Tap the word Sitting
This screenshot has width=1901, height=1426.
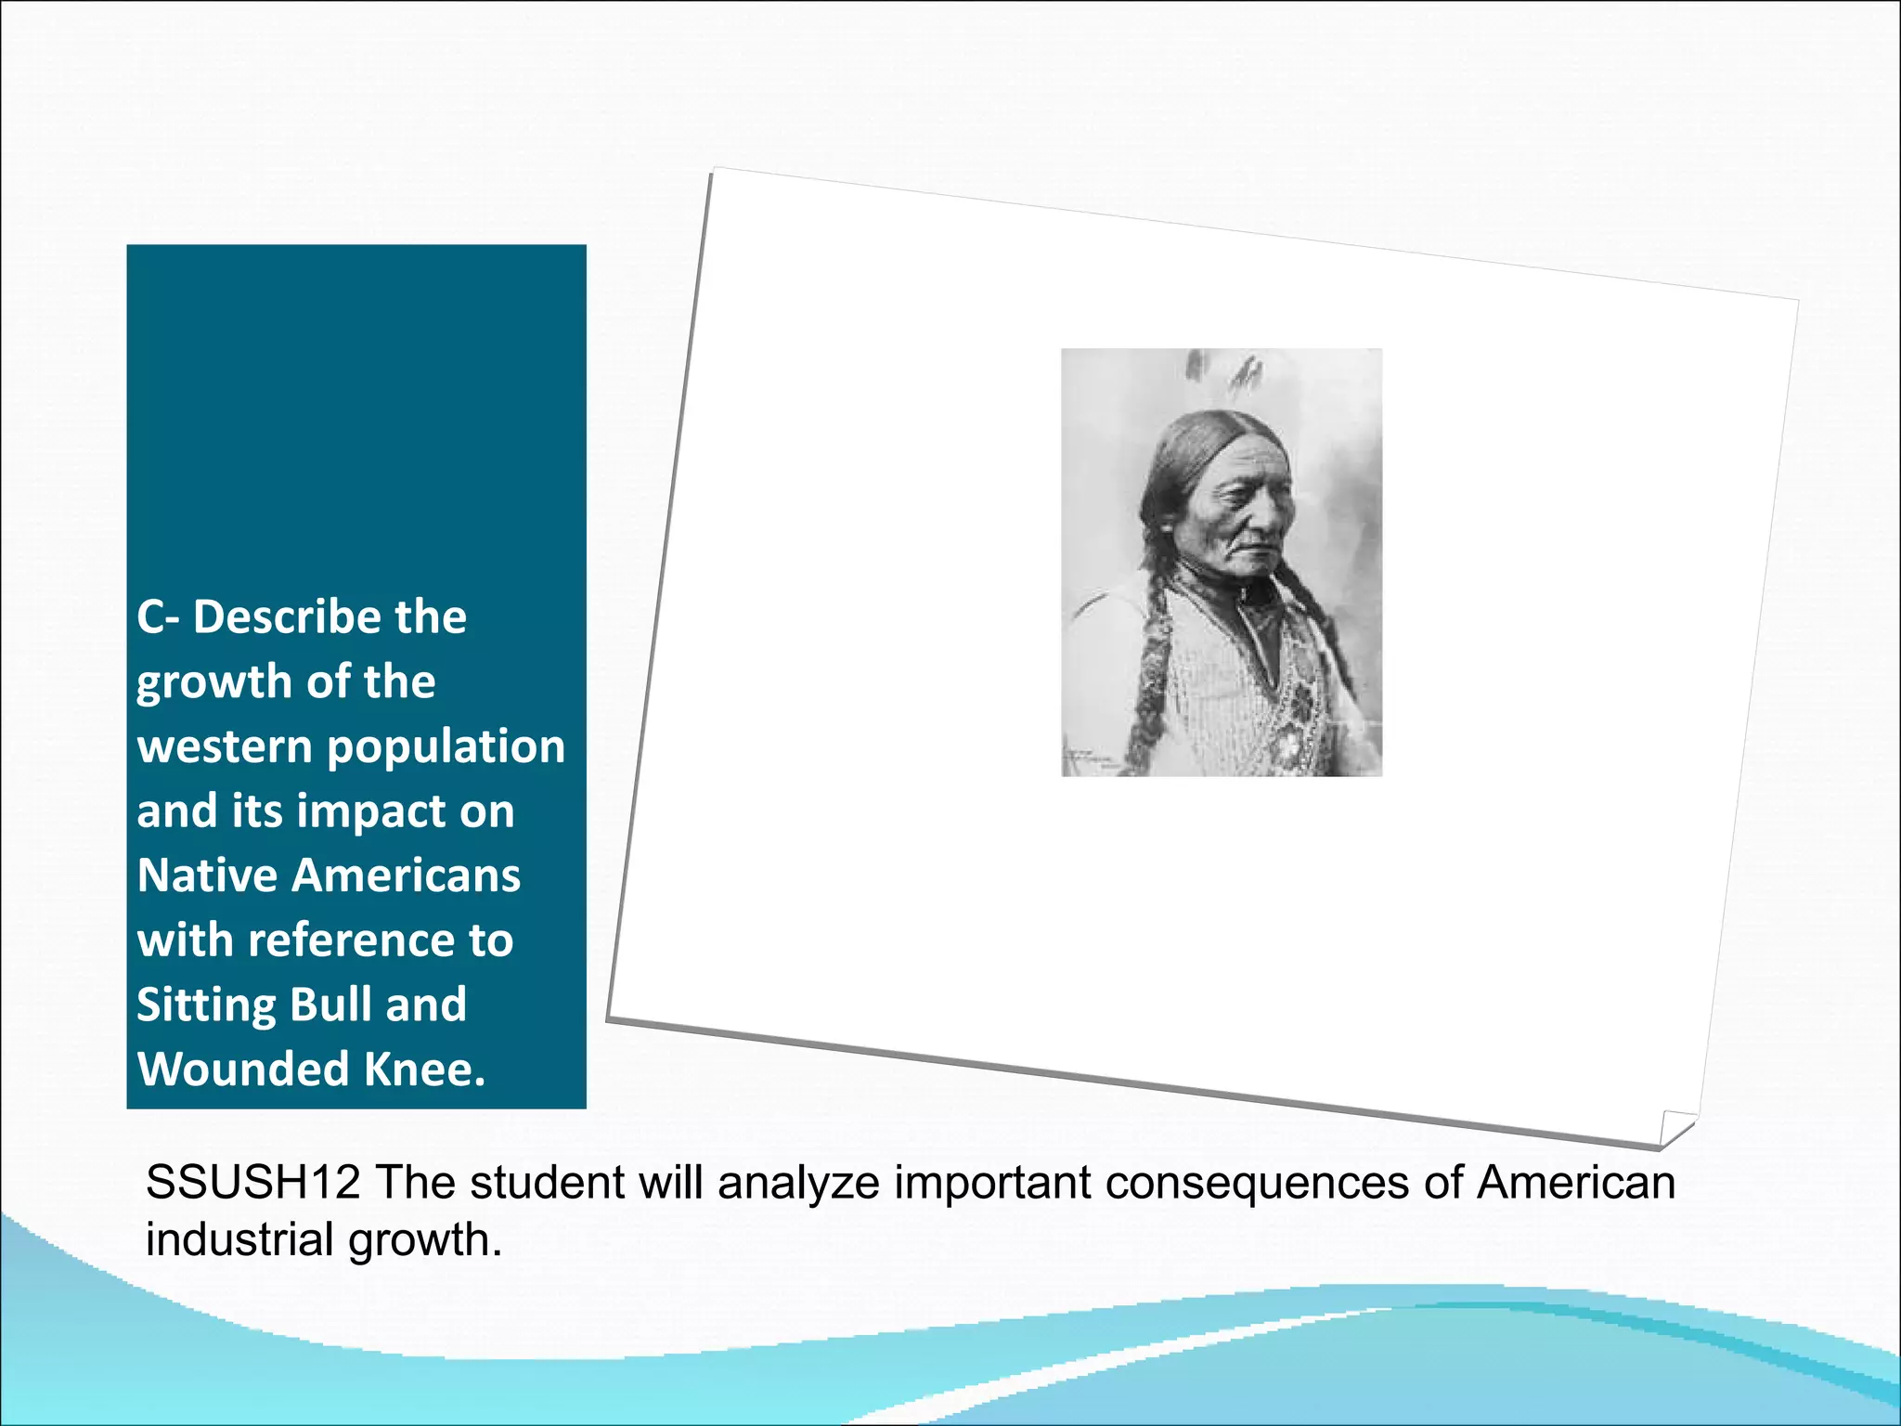206,1006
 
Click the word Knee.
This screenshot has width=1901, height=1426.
424,1069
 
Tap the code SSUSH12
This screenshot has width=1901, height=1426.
252,1184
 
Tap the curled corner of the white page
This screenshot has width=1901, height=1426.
1676,1127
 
